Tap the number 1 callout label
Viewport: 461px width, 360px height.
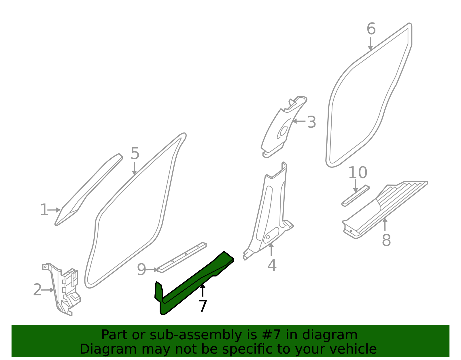point(44,210)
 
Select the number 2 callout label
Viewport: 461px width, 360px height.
point(37,290)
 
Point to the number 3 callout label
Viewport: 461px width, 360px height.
point(311,122)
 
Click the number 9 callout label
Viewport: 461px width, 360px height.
point(141,269)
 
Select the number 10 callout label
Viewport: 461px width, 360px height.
point(358,172)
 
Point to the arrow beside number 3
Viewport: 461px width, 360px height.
point(299,121)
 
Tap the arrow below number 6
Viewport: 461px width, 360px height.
point(370,44)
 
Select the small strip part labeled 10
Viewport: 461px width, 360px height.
point(355,196)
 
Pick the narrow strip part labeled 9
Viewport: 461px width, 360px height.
point(182,257)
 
